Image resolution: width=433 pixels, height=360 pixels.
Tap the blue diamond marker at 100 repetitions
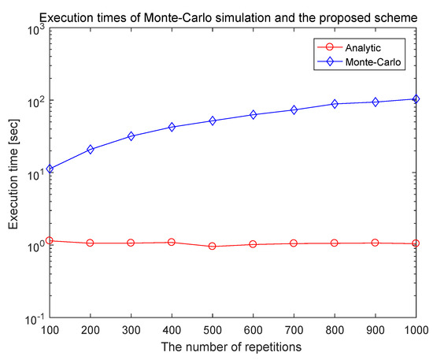pos(50,169)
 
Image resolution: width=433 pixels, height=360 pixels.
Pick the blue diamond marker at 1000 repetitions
pos(416,99)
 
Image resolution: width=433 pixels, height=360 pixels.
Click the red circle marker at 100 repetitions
pos(50,240)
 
